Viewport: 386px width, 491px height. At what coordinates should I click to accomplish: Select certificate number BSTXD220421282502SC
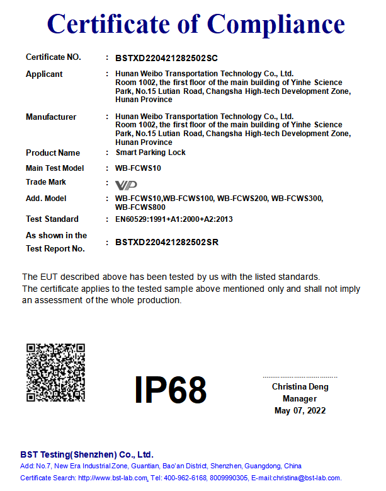click(166, 58)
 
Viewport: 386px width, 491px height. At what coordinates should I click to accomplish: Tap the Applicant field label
click(44, 74)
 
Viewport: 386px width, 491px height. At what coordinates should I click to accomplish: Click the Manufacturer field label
click(51, 117)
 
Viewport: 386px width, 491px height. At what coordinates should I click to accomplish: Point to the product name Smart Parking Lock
click(150, 153)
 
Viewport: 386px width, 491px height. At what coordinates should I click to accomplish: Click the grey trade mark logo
click(126, 185)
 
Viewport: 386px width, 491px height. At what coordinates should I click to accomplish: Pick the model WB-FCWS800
click(140, 207)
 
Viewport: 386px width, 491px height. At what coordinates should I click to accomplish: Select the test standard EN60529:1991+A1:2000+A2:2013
click(174, 219)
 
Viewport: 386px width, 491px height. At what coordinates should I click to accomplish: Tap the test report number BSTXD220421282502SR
click(167, 242)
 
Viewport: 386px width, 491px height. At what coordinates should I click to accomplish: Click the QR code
click(55, 373)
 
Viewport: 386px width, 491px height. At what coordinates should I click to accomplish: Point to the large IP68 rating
click(171, 390)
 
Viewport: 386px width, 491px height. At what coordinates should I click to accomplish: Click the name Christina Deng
click(300, 387)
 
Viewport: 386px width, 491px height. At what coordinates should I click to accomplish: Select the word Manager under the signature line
click(300, 399)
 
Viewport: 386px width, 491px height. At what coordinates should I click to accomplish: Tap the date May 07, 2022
click(300, 411)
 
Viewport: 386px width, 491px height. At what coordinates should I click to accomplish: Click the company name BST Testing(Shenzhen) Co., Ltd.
click(87, 454)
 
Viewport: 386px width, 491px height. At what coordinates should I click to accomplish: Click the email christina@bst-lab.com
click(307, 478)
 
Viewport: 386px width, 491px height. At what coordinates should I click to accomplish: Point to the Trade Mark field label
click(46, 182)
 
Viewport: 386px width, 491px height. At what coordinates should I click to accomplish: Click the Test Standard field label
click(52, 219)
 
